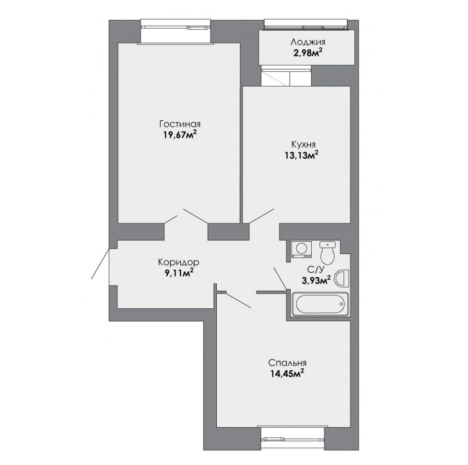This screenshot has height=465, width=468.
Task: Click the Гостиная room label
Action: point(180,124)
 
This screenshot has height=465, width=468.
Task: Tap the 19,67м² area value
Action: point(180,135)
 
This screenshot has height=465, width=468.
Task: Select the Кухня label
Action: point(303,145)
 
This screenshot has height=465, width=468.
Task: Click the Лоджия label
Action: point(308,42)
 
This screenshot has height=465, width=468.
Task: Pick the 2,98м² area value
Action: point(307,53)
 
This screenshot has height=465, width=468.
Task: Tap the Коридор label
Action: point(178,262)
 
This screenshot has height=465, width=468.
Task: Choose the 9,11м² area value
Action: point(178,273)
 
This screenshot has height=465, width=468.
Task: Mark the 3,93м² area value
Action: point(316,281)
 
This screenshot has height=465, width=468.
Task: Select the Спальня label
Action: point(287,363)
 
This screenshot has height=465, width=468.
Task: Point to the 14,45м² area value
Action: point(287,374)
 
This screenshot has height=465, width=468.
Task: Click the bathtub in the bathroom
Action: point(320,304)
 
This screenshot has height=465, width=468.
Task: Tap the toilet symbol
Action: point(328,253)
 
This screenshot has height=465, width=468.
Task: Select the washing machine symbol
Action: point(302,250)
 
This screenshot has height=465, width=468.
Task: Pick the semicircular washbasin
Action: point(342,278)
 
